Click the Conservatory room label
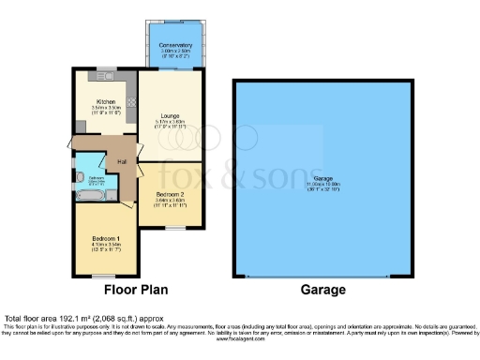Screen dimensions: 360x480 (x=175, y=45)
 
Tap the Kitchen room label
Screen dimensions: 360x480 (x=105, y=101)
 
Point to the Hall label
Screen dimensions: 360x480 (x=122, y=161)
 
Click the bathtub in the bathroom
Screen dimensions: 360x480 (x=95, y=196)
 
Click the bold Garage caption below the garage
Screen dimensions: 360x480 (x=323, y=291)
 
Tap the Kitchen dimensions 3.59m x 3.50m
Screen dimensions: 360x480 (x=105, y=108)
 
